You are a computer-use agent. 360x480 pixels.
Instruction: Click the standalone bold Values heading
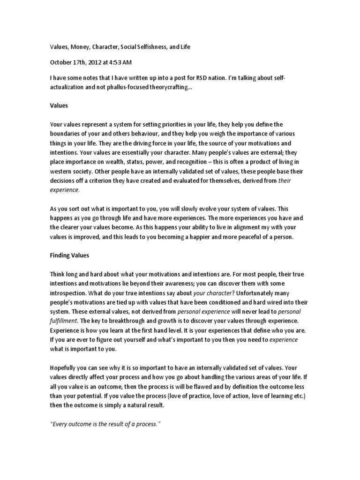coord(59,106)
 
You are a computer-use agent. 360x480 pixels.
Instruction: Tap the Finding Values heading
coord(69,256)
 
